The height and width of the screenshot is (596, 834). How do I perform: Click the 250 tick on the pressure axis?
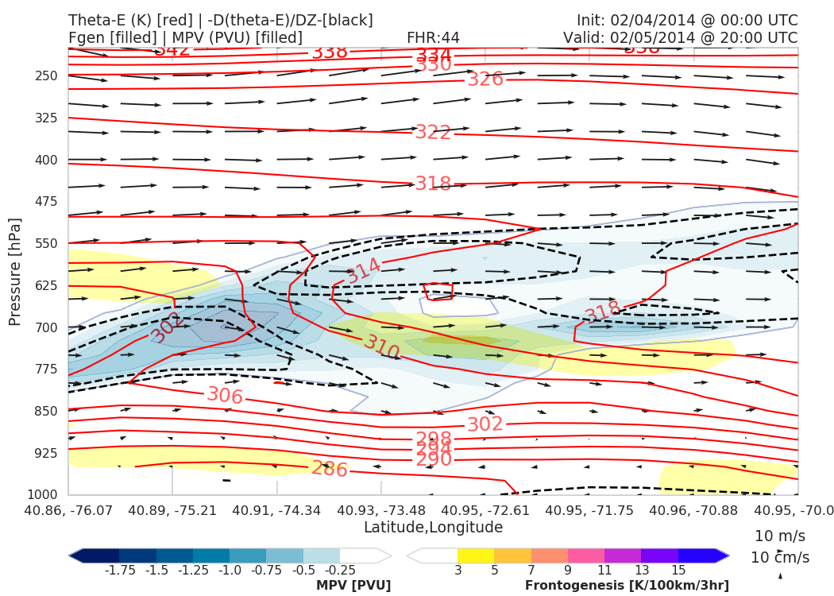click(46, 75)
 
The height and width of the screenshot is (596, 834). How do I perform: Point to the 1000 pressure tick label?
click(43, 495)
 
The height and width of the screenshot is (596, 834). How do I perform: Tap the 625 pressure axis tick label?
click(46, 285)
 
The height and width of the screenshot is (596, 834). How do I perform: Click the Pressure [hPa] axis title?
click(14, 271)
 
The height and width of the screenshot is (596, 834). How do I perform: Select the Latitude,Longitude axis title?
click(433, 528)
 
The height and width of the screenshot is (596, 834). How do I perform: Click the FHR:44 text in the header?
click(433, 37)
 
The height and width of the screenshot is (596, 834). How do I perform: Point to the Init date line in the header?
click(687, 20)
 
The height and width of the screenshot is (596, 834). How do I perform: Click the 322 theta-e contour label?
click(433, 132)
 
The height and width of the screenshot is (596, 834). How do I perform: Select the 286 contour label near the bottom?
click(329, 469)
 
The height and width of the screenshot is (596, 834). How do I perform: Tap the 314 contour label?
click(363, 270)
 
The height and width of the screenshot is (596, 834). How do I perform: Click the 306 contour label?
click(224, 395)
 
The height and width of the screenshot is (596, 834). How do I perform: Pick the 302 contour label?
click(485, 424)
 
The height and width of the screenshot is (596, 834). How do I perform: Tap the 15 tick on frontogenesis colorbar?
click(678, 571)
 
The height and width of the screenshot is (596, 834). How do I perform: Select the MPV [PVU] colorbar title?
click(353, 586)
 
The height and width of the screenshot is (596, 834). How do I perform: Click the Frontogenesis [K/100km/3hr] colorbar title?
click(627, 586)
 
